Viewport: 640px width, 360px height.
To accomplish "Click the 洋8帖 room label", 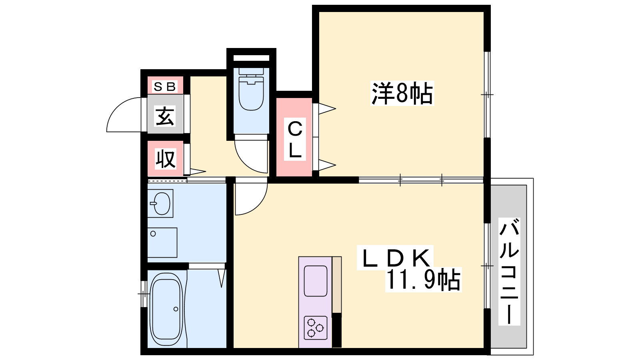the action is click(402, 93).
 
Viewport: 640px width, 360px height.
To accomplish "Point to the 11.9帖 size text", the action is click(423, 280).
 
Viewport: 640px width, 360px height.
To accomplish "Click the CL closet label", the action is click(295, 139).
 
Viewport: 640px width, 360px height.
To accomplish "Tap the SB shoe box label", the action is click(164, 86).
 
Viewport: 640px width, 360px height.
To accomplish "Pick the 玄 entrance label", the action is click(165, 116).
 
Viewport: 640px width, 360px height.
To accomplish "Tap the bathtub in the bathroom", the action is click(166, 309).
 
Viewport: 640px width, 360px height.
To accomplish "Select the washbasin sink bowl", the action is click(162, 204).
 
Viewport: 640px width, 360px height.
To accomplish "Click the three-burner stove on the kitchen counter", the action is click(316, 328).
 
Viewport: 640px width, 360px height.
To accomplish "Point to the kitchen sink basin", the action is click(316, 281).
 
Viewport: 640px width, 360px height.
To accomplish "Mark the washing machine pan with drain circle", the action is click(162, 242).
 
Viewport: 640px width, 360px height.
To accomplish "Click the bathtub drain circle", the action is click(176, 309).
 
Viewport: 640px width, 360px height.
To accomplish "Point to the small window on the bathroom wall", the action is click(144, 294).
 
